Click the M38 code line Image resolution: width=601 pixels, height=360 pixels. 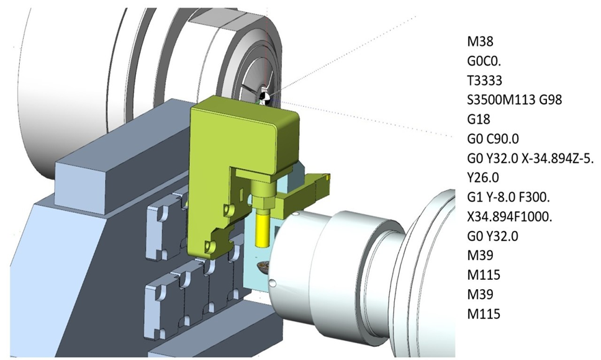(x=482, y=42)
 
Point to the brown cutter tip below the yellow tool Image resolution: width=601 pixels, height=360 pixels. (x=261, y=268)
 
